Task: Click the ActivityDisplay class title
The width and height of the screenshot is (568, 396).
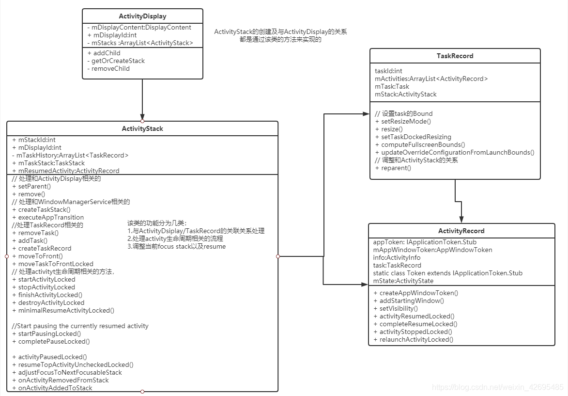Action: pyautogui.click(x=142, y=16)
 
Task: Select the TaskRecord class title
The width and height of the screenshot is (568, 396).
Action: pyautogui.click(x=455, y=56)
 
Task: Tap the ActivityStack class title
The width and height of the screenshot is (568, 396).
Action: pyautogui.click(x=142, y=129)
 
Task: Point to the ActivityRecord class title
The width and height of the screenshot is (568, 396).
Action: pyautogui.click(x=461, y=231)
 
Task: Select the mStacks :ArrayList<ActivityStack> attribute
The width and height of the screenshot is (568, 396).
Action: pyautogui.click(x=140, y=43)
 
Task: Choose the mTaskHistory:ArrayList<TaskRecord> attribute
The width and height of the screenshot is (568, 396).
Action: pyautogui.click(x=70, y=155)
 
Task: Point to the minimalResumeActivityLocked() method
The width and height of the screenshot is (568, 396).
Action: pyautogui.click(x=66, y=310)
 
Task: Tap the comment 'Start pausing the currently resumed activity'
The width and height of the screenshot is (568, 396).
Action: pyautogui.click(x=80, y=326)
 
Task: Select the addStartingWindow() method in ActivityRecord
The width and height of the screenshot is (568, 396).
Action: pyautogui.click(x=412, y=301)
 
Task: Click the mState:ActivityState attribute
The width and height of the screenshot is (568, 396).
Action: pyautogui.click(x=403, y=281)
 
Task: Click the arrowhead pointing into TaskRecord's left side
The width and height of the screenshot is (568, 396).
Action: pyautogui.click(x=366, y=114)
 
